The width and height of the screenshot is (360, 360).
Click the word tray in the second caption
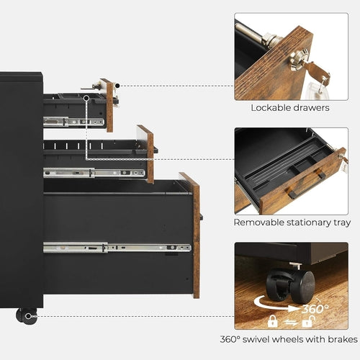pos(341,222)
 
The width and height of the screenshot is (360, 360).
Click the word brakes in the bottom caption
pos(341,339)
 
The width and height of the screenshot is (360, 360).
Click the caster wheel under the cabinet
pos(27,315)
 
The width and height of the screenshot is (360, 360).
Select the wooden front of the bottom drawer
pos(192,234)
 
